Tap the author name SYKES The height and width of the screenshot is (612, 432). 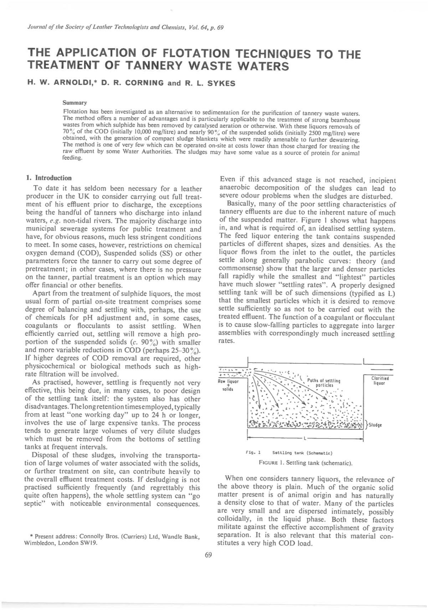click(221, 83)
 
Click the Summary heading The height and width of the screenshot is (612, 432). click(75, 103)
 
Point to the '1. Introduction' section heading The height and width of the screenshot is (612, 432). click(49, 178)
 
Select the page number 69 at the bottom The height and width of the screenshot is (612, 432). click(209, 555)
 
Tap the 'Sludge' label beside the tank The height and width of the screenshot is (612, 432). click(375, 425)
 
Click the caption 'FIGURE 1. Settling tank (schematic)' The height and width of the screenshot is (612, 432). click(305, 463)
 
